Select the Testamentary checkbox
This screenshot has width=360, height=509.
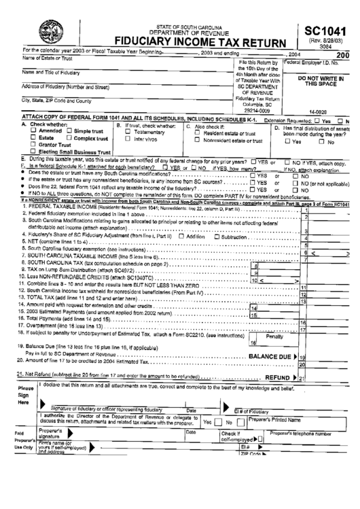pos(127,131)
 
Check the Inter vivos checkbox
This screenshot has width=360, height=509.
pos(127,139)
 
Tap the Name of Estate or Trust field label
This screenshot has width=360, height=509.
pos(48,58)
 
